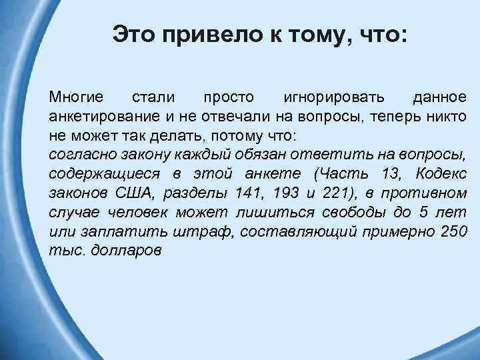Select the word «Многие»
(x=75, y=97)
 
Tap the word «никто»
(x=444, y=117)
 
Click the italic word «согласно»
(x=78, y=155)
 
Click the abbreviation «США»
(x=133, y=193)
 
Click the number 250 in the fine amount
(x=453, y=232)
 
